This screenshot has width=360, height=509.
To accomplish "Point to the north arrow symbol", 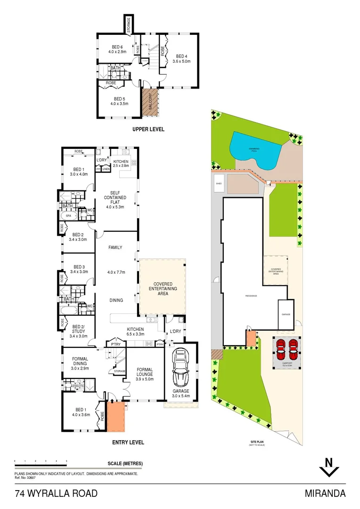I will pyautogui.click(x=329, y=468).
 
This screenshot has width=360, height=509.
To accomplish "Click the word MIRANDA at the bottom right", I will pyautogui.click(x=325, y=494).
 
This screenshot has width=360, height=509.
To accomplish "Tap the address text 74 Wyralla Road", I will pyautogui.click(x=57, y=494).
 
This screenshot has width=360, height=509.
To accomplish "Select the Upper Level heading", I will pyautogui.click(x=148, y=129).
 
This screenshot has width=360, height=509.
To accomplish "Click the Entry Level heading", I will pyautogui.click(x=128, y=443).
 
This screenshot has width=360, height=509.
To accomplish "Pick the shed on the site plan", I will pyautogui.click(x=219, y=184).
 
